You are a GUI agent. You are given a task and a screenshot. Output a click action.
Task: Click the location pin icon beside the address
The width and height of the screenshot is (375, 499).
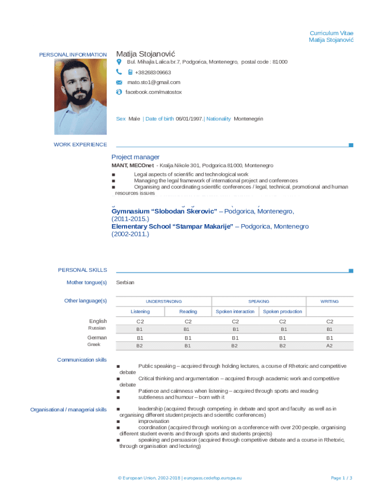click(x=119, y=62)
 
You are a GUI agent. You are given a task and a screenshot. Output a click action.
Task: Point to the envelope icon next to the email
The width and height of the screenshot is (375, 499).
click(x=119, y=83)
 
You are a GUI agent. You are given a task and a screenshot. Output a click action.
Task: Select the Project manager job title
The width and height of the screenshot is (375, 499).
click(x=135, y=157)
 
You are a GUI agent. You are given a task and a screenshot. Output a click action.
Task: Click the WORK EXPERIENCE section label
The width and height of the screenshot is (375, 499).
click(x=80, y=144)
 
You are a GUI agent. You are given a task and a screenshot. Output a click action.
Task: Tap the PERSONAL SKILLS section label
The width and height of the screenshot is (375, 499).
click(x=82, y=270)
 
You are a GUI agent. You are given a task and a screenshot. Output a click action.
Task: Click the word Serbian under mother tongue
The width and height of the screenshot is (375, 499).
click(x=125, y=283)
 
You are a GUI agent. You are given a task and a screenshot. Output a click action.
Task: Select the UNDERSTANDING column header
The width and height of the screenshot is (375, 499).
click(x=164, y=302)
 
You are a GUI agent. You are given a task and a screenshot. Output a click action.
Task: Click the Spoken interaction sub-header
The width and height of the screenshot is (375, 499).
click(x=235, y=311)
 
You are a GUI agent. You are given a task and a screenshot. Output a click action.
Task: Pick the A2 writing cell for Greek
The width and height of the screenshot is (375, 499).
click(x=329, y=345)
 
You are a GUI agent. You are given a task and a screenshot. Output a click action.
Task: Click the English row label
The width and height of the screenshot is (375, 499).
click(x=98, y=321)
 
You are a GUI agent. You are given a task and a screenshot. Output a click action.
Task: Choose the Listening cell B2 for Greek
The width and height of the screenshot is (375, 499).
click(x=140, y=345)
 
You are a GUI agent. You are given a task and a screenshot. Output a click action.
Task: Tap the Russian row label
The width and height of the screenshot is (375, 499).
click(x=96, y=328)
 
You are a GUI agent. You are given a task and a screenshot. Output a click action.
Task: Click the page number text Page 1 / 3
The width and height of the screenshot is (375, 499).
click(x=341, y=478)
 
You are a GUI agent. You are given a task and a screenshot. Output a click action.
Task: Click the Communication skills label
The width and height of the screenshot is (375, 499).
click(x=82, y=360)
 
